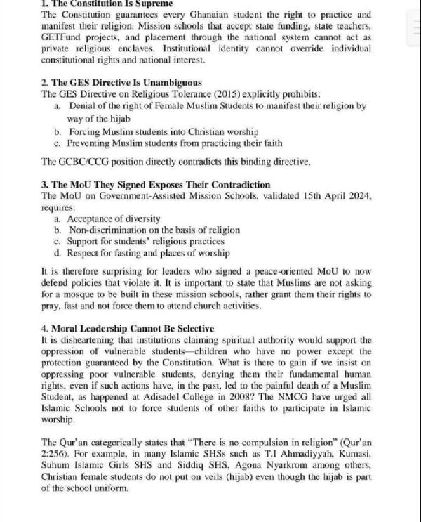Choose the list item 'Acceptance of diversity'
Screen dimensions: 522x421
(114, 218)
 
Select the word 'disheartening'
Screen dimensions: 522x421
(81, 339)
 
